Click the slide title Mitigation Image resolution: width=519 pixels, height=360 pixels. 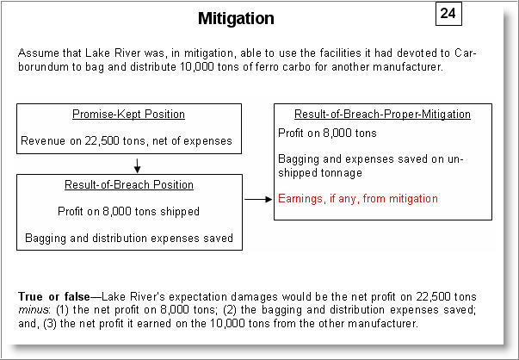pyautogui.click(x=236, y=18)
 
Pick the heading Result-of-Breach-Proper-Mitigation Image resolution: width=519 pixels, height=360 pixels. pyautogui.click(x=382, y=114)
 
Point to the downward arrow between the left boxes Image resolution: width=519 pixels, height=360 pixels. pyautogui.click(x=136, y=164)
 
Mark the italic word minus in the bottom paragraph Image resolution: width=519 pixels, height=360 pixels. pyautogui.click(x=32, y=309)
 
